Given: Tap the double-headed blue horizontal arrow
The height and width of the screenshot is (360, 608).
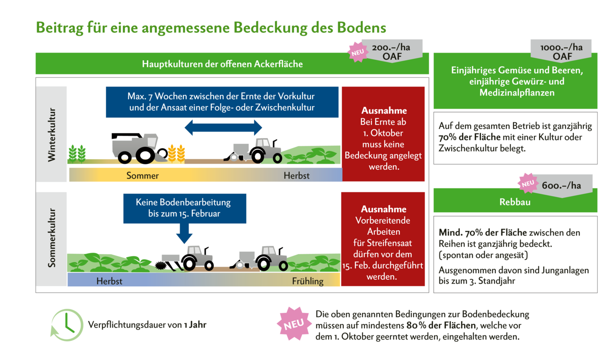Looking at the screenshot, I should coord(223,127).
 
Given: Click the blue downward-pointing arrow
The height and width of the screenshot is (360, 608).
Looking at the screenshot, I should coord(184,233).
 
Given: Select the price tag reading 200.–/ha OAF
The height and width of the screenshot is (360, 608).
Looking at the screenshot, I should coord(391,52).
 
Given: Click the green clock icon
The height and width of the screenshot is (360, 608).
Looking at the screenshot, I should coord(67,325).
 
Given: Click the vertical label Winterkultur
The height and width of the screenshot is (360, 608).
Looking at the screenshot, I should coord(52,135).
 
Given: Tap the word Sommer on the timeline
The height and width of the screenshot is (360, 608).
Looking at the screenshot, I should coord(142,176).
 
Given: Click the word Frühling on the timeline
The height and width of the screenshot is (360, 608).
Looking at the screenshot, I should coord(308,281).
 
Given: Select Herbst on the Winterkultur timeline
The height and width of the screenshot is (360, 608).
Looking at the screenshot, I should coord(296,176).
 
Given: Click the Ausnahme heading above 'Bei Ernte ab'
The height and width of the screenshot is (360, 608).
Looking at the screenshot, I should coord(383,111).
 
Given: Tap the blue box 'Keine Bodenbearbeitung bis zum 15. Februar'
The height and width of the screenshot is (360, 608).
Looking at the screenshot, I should coord(184,208).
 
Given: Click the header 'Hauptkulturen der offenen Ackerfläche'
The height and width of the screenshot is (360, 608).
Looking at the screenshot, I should coord(222,64).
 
